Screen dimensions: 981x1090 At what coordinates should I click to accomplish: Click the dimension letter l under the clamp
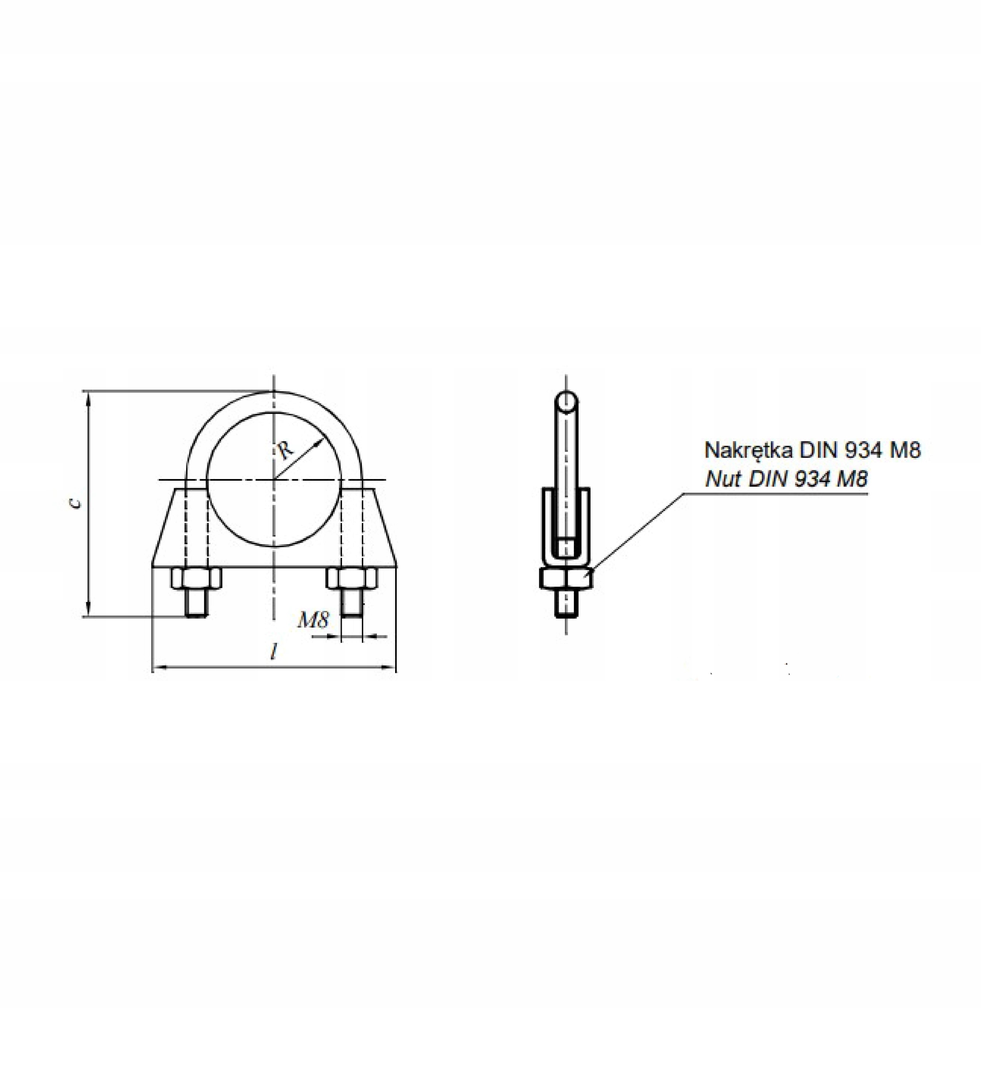[274, 653]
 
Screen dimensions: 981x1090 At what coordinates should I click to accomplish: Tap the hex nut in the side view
[566, 579]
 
